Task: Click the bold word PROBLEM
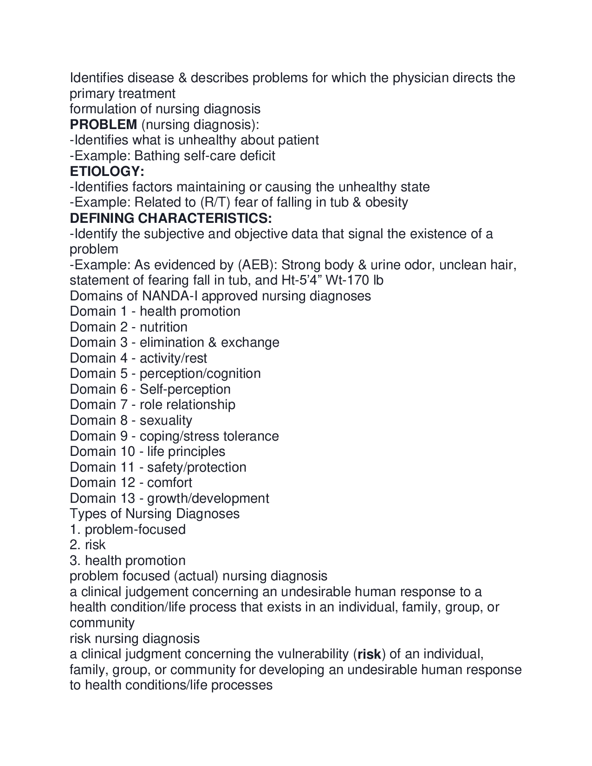pyautogui.click(x=103, y=124)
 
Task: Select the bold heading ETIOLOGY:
pyautogui.click(x=107, y=171)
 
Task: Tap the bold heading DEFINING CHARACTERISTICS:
pyautogui.click(x=171, y=218)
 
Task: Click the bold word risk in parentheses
pyautogui.click(x=369, y=654)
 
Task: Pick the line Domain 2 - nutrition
pyautogui.click(x=129, y=327)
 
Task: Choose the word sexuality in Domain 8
pyautogui.click(x=166, y=420)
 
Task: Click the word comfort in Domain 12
pyautogui.click(x=169, y=482)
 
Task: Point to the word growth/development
pyautogui.click(x=208, y=498)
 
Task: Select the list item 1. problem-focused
pyautogui.click(x=128, y=529)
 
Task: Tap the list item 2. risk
pyautogui.click(x=88, y=545)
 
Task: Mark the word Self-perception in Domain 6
pyautogui.click(x=185, y=389)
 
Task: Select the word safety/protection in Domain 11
pyautogui.click(x=196, y=467)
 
